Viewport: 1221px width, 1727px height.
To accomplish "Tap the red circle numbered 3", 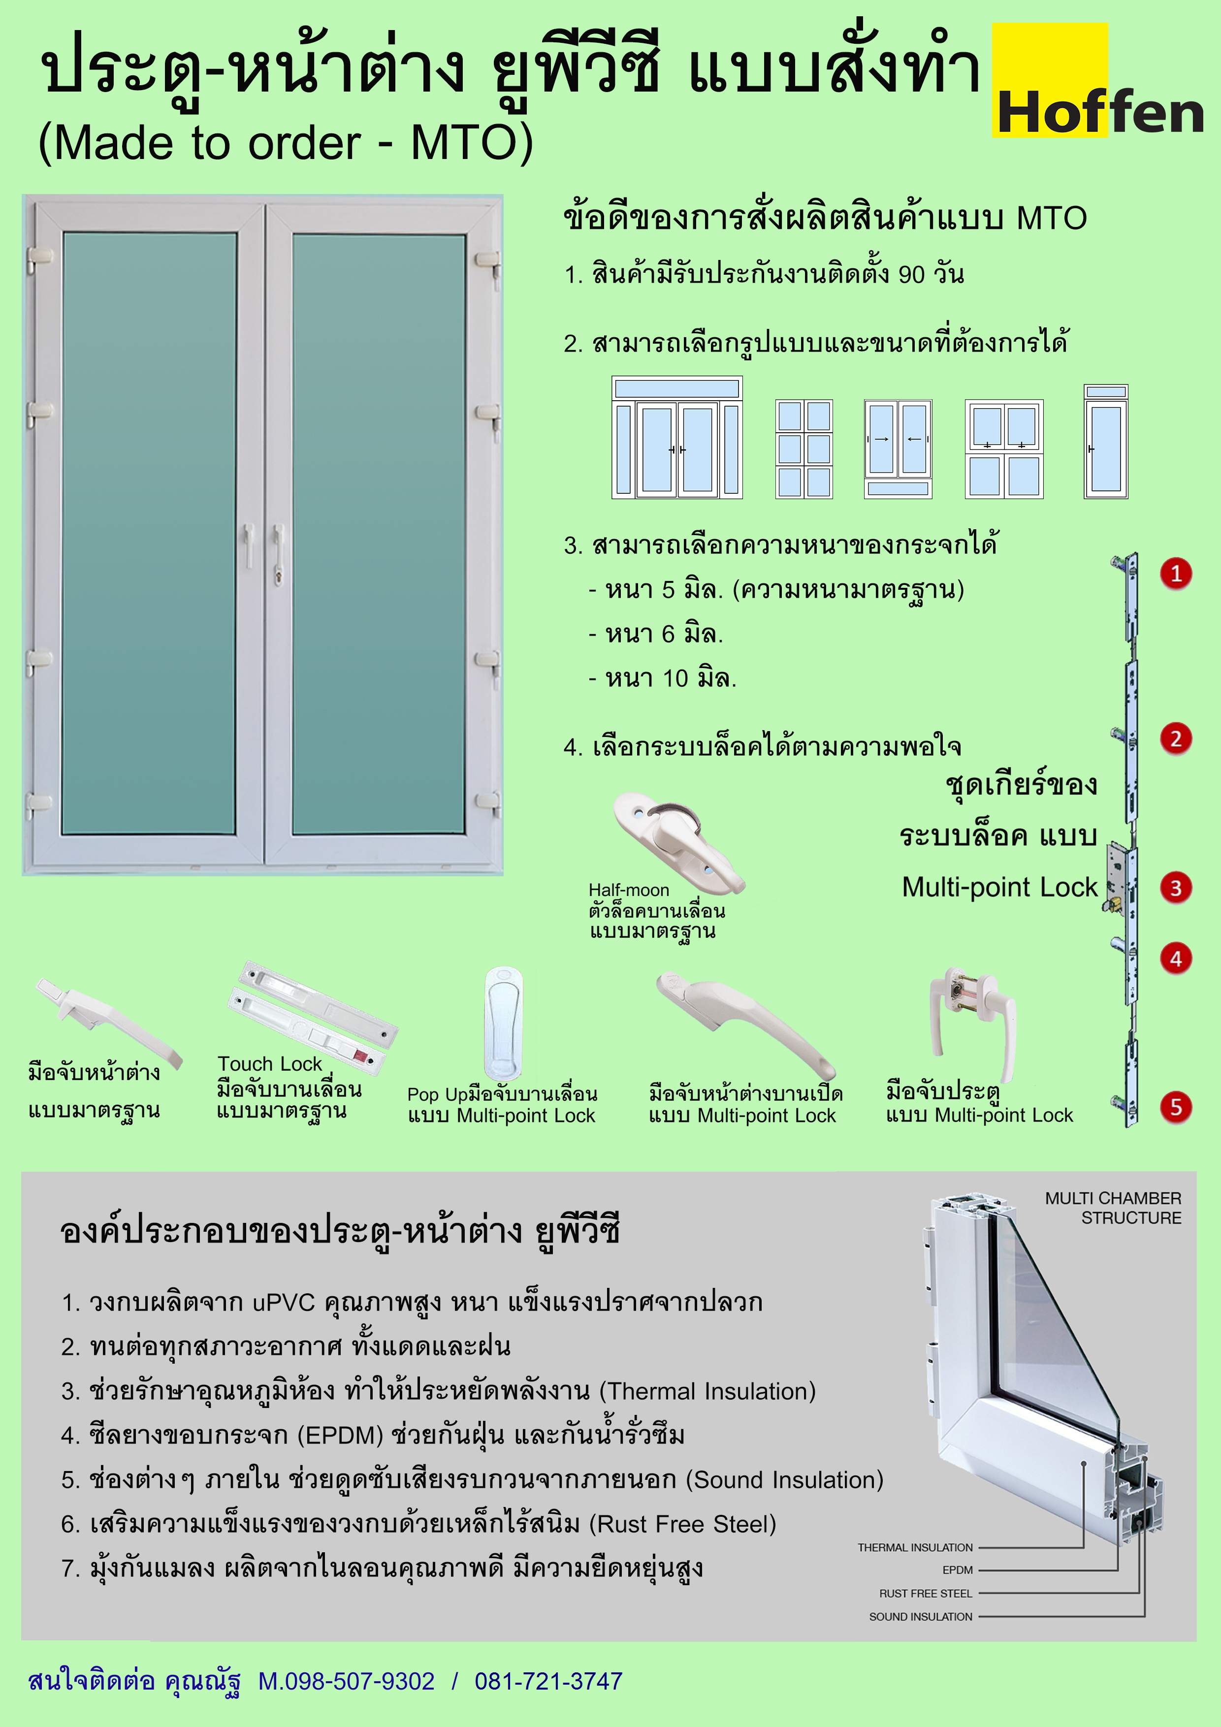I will [1176, 888].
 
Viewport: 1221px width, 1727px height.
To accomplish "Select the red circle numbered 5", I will [1176, 1107].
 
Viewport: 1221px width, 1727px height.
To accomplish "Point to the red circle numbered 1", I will [1176, 574].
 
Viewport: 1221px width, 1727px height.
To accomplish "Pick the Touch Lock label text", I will [269, 1063].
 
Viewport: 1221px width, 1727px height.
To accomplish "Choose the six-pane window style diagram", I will [803, 449].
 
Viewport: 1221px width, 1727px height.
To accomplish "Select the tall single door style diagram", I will [1105, 442].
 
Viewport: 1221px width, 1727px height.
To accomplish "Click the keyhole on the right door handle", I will [278, 576].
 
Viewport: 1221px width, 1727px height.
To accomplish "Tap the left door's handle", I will [248, 545].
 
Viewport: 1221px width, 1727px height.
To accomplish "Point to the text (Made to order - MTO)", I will [286, 142].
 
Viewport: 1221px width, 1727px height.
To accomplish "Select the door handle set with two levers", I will [973, 1019].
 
